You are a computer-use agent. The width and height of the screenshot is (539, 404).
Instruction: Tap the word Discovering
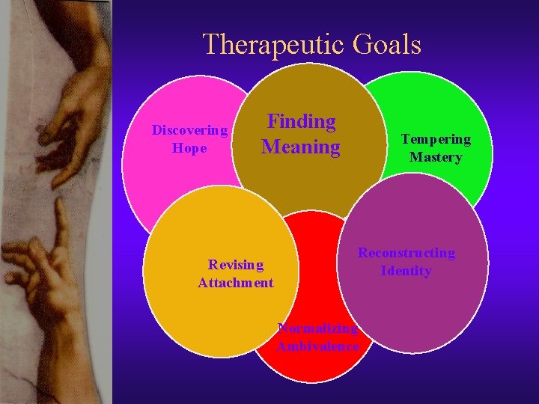[189, 130]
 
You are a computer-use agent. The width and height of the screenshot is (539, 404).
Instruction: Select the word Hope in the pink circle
[189, 148]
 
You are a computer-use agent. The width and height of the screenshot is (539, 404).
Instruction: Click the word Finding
[302, 121]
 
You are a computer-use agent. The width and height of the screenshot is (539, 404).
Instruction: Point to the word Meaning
[301, 147]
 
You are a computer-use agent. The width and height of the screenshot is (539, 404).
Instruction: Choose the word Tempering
[436, 139]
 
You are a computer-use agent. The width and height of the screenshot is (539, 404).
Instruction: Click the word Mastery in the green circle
[436, 157]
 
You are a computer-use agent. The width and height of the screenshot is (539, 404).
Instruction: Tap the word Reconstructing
[406, 253]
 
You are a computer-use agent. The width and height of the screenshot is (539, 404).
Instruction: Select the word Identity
[406, 271]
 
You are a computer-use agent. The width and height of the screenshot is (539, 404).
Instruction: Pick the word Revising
[236, 264]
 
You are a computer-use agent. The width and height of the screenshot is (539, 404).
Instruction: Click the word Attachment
[236, 283]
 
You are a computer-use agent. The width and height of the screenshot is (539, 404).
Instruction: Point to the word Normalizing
[318, 328]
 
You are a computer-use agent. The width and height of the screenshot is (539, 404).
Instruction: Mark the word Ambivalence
[318, 346]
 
